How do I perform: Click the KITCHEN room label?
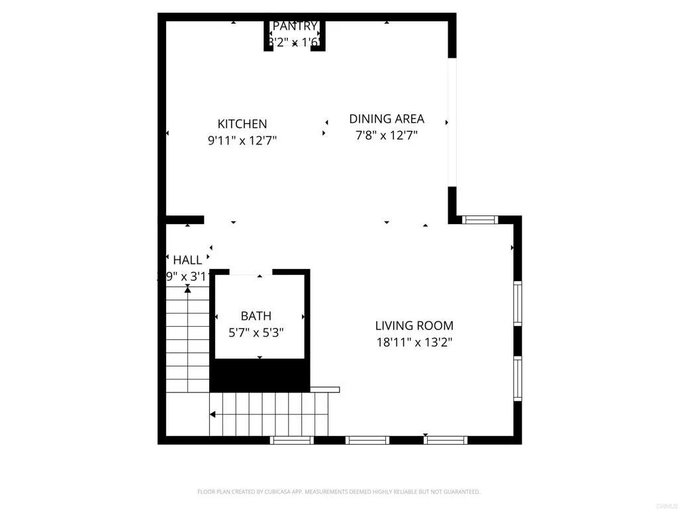pyautogui.click(x=242, y=124)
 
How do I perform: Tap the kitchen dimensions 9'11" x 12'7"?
pyautogui.click(x=242, y=141)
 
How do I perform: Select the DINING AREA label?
pyautogui.click(x=387, y=119)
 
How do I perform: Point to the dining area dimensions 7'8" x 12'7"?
pyautogui.click(x=387, y=135)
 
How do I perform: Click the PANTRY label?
pyautogui.click(x=295, y=27)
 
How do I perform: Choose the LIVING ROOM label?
pyautogui.click(x=414, y=325)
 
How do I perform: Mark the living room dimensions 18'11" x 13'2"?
pyautogui.click(x=414, y=343)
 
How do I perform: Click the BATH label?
pyautogui.click(x=256, y=316)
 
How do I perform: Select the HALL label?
pyautogui.click(x=187, y=260)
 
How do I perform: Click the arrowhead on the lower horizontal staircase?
pyautogui.click(x=213, y=415)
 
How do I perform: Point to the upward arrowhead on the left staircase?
pyautogui.click(x=187, y=289)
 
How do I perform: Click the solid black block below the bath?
pyautogui.click(x=260, y=376)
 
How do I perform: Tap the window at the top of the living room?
pyautogui.click(x=479, y=219)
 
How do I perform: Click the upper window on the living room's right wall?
pyautogui.click(x=518, y=303)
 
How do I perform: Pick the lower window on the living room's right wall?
pyautogui.click(x=518, y=378)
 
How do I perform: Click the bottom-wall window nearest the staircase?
pyautogui.click(x=291, y=440)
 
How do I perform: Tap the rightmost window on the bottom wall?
pyautogui.click(x=446, y=440)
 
